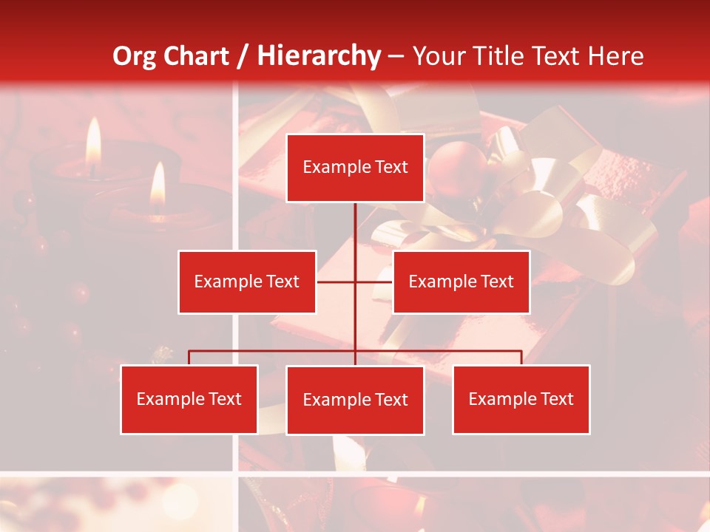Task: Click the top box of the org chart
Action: click(355, 168)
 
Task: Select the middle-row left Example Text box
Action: click(247, 282)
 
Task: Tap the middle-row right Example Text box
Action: click(461, 282)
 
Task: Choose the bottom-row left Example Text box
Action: click(189, 399)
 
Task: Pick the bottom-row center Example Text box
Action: click(355, 400)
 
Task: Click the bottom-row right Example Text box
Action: click(521, 399)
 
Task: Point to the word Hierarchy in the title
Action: click(319, 56)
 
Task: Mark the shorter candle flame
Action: click(158, 185)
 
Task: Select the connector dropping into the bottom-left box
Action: click(189, 358)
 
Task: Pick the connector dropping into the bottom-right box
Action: click(521, 358)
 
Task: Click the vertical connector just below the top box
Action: click(355, 222)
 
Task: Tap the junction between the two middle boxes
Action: click(355, 282)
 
